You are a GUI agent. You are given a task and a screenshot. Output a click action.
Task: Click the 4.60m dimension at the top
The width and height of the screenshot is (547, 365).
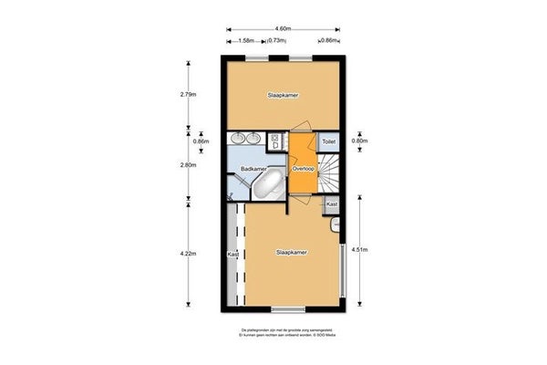pyautogui.click(x=284, y=28)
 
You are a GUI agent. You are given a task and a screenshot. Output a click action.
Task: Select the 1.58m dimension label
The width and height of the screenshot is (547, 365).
pyautogui.click(x=245, y=40)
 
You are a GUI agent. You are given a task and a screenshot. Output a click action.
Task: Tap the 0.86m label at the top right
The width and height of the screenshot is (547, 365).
pyautogui.click(x=330, y=40)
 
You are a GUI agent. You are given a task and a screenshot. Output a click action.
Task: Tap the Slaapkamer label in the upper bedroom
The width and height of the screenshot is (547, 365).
pyautogui.click(x=284, y=94)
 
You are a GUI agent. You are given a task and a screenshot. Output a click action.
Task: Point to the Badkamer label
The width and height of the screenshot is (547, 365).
pyautogui.click(x=253, y=170)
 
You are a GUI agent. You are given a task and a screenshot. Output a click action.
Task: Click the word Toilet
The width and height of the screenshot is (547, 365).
pyautogui.click(x=329, y=142)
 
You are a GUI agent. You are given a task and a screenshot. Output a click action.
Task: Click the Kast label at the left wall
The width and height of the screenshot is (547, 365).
pyautogui.click(x=232, y=255)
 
